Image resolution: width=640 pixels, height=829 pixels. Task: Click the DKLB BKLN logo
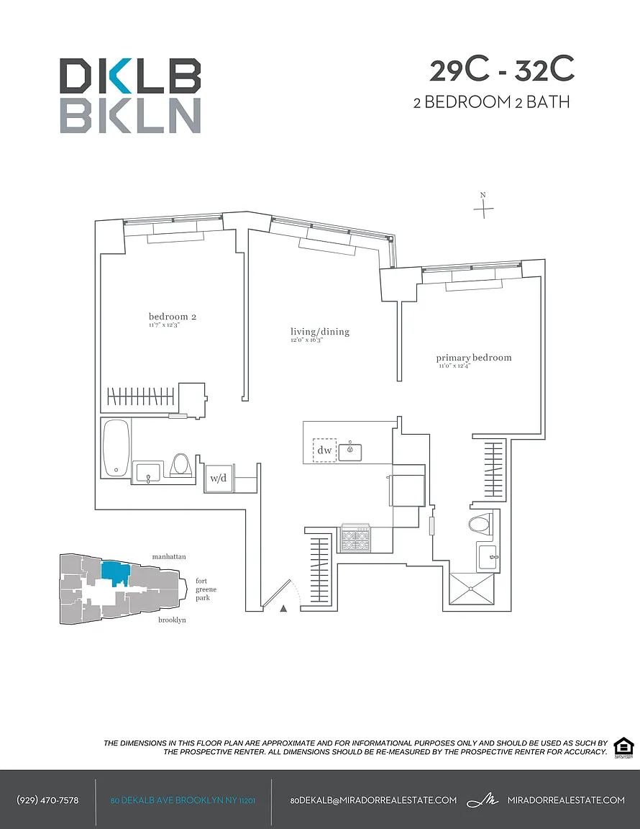pos(129,95)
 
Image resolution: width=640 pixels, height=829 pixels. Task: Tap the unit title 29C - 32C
pos(502,71)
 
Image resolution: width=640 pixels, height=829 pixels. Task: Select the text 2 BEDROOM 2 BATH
pos(491,102)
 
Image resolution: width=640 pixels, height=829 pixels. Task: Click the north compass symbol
pos(484,207)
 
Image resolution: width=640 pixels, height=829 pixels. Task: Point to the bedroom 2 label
pos(173,317)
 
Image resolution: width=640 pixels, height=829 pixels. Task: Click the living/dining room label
pos(320,332)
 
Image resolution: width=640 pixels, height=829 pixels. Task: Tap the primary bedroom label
pos(474,358)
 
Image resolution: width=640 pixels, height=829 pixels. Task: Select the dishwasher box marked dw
pos(324,450)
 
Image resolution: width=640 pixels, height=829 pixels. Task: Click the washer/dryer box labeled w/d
pos(216,478)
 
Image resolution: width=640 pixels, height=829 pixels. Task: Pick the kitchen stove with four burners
pos(355,537)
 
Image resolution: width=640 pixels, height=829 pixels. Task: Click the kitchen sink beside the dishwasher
pos(352,451)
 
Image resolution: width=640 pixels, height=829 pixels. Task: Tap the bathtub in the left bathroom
pos(116,448)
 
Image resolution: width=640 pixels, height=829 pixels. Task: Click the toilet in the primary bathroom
pos(479,524)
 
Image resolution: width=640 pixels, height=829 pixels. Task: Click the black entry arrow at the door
pos(283,609)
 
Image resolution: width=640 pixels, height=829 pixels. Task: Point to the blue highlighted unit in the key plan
pos(115,573)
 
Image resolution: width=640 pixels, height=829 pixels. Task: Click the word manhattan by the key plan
pos(169,556)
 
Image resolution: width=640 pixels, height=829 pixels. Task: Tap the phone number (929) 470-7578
pos(47,800)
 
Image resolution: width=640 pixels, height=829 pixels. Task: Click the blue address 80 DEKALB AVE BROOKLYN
pos(183,800)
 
